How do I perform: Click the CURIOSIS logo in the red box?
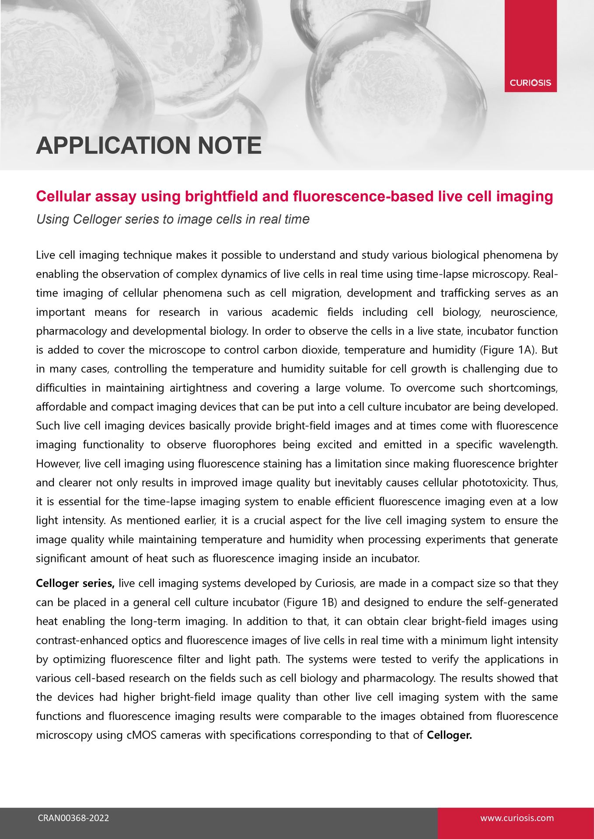point(530,83)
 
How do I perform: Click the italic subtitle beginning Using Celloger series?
point(173,219)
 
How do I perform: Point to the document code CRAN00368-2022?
point(73,818)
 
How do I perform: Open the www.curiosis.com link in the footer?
point(517,818)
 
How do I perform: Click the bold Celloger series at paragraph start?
point(75,583)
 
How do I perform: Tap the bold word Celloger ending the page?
point(449,735)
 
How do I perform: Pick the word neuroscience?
point(524,312)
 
